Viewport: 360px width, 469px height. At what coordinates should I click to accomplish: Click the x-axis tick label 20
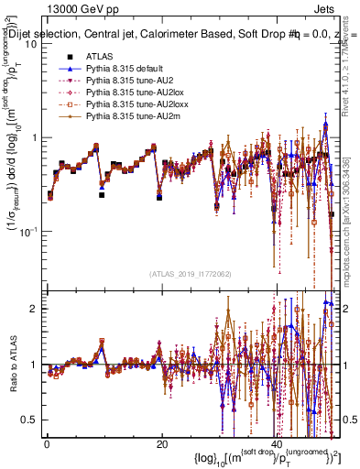pyautogui.click(x=161, y=444)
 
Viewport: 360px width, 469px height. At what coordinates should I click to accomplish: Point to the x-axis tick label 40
pyautogui.click(x=276, y=444)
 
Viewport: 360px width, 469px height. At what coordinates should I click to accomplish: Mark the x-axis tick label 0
pyautogui.click(x=46, y=444)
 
